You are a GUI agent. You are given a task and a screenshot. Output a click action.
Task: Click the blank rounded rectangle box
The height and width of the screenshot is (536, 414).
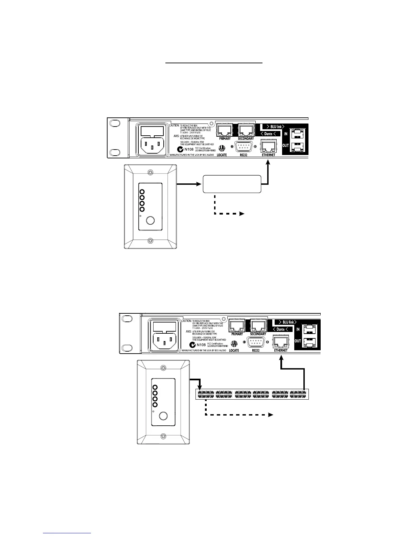click(x=232, y=184)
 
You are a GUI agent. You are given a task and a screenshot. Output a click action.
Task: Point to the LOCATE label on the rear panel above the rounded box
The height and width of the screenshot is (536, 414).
click(x=222, y=155)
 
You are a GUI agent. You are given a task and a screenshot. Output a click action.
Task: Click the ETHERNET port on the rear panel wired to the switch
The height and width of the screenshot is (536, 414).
click(x=280, y=342)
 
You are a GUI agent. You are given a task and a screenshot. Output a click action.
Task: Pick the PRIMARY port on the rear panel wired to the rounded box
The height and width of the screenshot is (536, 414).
click(x=225, y=130)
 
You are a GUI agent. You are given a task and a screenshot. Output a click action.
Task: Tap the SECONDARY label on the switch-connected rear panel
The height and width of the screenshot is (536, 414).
click(x=258, y=334)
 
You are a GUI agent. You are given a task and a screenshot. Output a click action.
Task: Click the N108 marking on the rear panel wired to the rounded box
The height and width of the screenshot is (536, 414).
click(x=189, y=149)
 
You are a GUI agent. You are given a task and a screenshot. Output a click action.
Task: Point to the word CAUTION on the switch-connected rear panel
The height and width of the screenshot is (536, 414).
click(x=187, y=321)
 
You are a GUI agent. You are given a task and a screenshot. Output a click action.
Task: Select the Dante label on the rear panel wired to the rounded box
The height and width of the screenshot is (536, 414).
click(x=268, y=134)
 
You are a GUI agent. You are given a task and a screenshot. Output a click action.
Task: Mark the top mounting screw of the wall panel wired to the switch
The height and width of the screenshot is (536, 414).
click(x=163, y=368)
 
